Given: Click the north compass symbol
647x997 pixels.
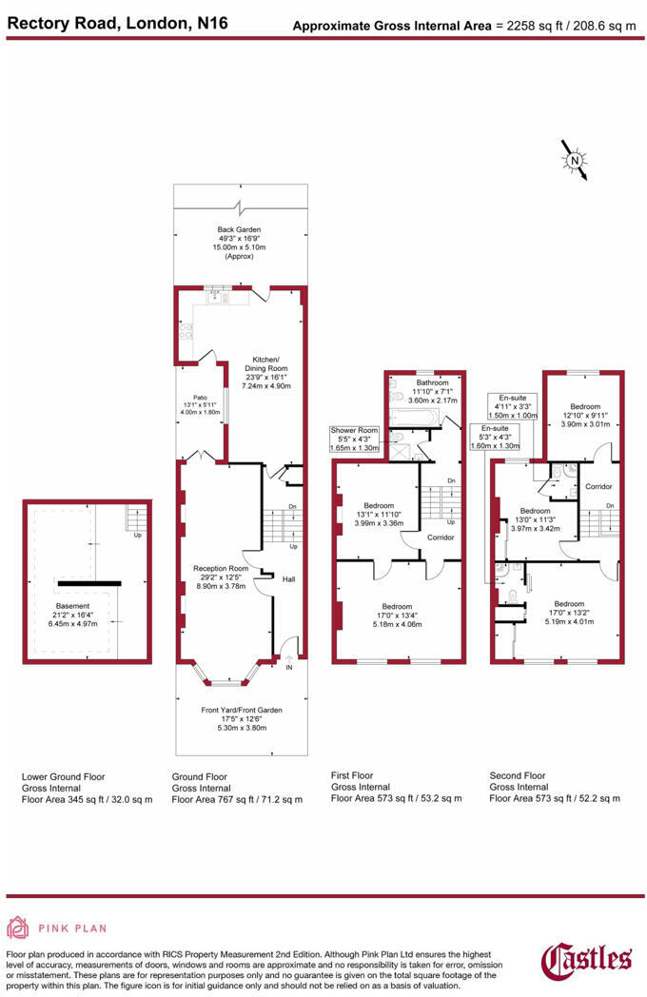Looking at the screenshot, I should (575, 161).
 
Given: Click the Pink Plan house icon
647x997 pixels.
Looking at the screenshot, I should (19, 928).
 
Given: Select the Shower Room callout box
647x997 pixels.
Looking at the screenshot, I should (355, 439).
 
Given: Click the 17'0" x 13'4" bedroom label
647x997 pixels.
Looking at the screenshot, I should (397, 616).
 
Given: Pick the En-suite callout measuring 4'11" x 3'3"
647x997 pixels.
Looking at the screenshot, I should (513, 406).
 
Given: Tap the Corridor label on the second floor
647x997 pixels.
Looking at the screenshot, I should (598, 486).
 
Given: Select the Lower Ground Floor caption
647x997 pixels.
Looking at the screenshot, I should (63, 776).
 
